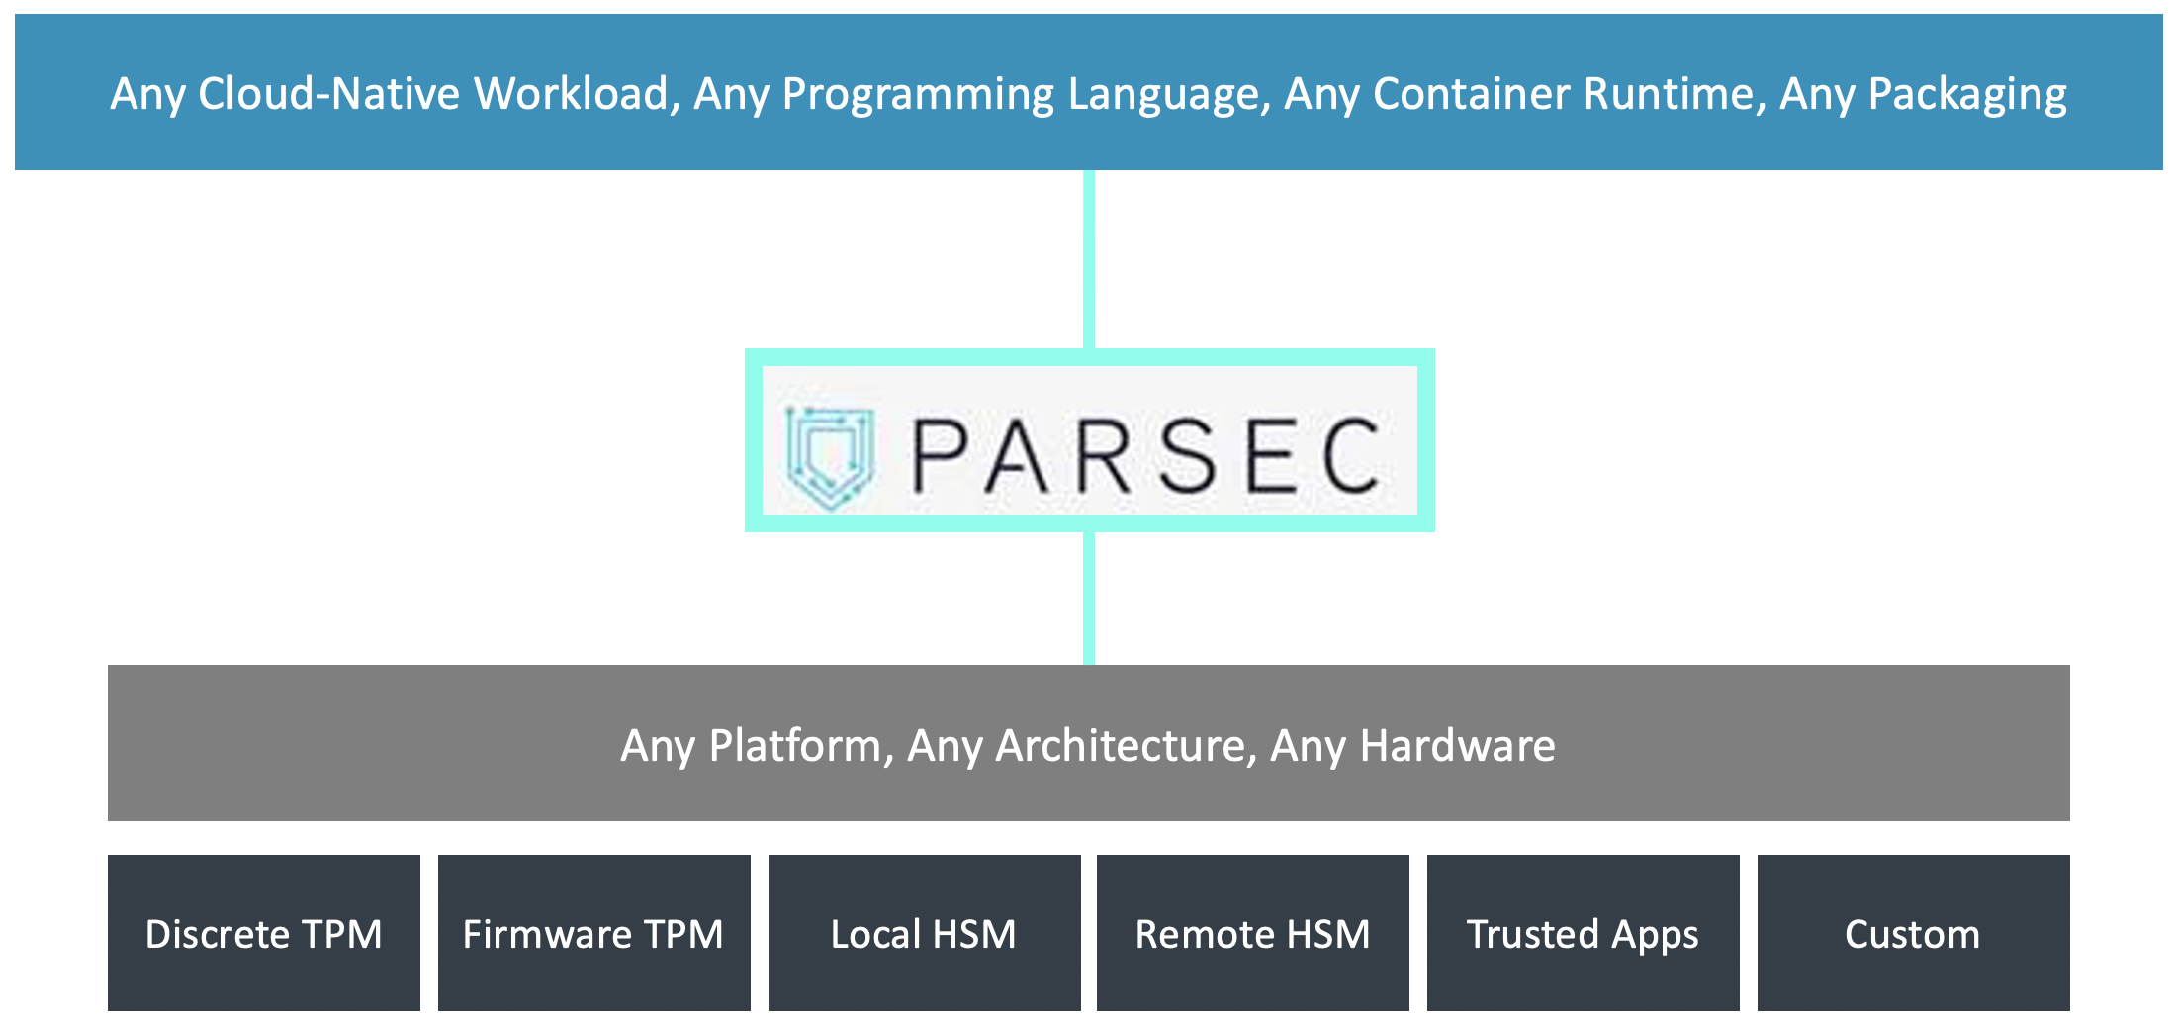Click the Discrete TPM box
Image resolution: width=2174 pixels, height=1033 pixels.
(263, 933)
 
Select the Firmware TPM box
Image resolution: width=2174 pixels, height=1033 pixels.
(593, 933)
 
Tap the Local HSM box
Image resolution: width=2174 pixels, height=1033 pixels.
(924, 933)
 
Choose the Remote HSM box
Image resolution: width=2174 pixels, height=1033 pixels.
(1252, 933)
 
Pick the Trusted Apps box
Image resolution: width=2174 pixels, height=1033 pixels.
(1583, 933)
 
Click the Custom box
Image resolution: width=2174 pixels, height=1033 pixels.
(1913, 933)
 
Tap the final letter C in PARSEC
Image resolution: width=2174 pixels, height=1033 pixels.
(1351, 455)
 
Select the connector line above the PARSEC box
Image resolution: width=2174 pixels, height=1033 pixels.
(1089, 259)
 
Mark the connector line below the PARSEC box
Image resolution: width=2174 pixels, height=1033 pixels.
(1089, 598)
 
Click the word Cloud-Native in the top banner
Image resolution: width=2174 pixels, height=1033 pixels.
(329, 94)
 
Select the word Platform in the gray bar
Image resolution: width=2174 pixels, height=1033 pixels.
(794, 746)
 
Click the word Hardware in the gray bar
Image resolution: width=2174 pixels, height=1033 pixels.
(1457, 746)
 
